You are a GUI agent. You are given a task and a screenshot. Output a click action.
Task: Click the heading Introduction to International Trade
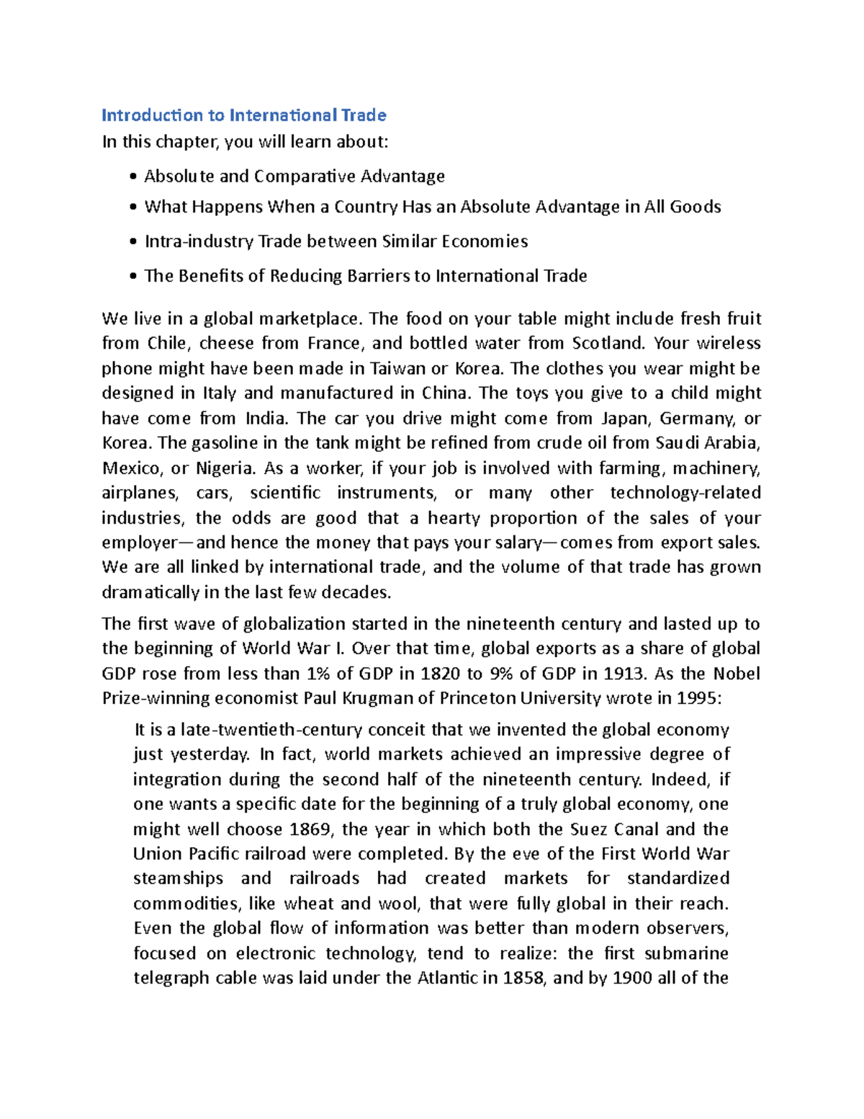coord(244,115)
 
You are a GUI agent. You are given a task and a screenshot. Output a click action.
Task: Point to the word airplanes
coord(140,494)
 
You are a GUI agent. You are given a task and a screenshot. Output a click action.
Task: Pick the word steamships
coord(178,879)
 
